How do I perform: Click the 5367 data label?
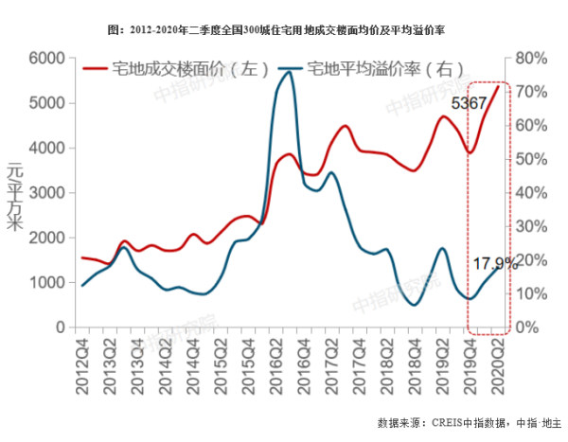(x=470, y=103)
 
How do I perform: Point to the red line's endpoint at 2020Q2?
(x=499, y=86)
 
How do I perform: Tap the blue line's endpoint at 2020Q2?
(x=499, y=268)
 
